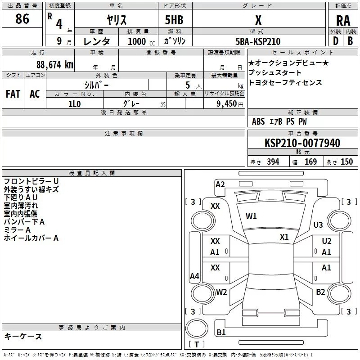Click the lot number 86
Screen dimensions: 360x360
[x=22, y=18]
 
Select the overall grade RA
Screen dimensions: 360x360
[x=343, y=21]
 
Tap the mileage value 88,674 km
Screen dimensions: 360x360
[x=55, y=64]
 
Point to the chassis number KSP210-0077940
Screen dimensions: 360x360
[x=302, y=143]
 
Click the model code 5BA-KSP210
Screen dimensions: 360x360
[x=258, y=41]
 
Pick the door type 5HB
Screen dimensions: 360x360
[x=174, y=20]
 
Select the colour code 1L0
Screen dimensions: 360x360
[x=74, y=104]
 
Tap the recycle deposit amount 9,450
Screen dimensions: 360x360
[x=227, y=104]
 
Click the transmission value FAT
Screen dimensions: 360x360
[x=13, y=94]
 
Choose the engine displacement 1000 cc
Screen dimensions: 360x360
[x=141, y=41]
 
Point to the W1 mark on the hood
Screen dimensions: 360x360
[x=251, y=216]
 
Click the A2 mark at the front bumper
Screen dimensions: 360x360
[x=220, y=184]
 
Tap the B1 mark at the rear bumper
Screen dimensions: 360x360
[x=221, y=332]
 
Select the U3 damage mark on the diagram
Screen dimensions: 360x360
[x=318, y=225]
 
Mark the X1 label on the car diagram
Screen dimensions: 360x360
[x=284, y=237]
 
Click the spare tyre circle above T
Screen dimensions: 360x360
[x=197, y=328]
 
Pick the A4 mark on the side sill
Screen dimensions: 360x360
[x=194, y=276]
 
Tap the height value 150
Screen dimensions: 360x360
[x=346, y=162]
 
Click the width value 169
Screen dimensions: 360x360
[x=310, y=162]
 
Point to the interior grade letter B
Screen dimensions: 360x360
[x=350, y=41]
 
